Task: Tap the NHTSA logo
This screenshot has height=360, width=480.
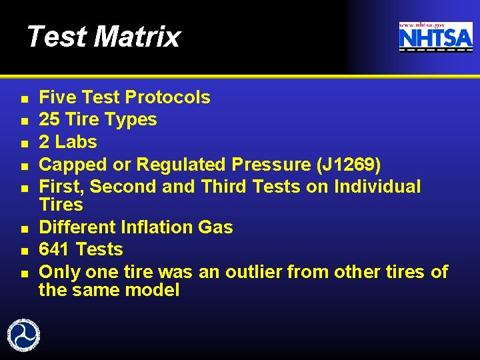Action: coord(435,37)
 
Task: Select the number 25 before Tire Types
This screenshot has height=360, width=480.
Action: coord(48,120)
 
